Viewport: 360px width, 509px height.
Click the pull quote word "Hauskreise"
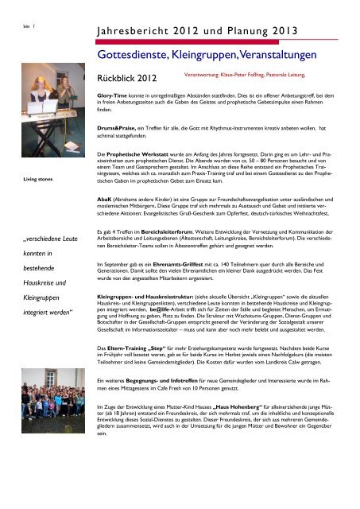coord(36,305)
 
